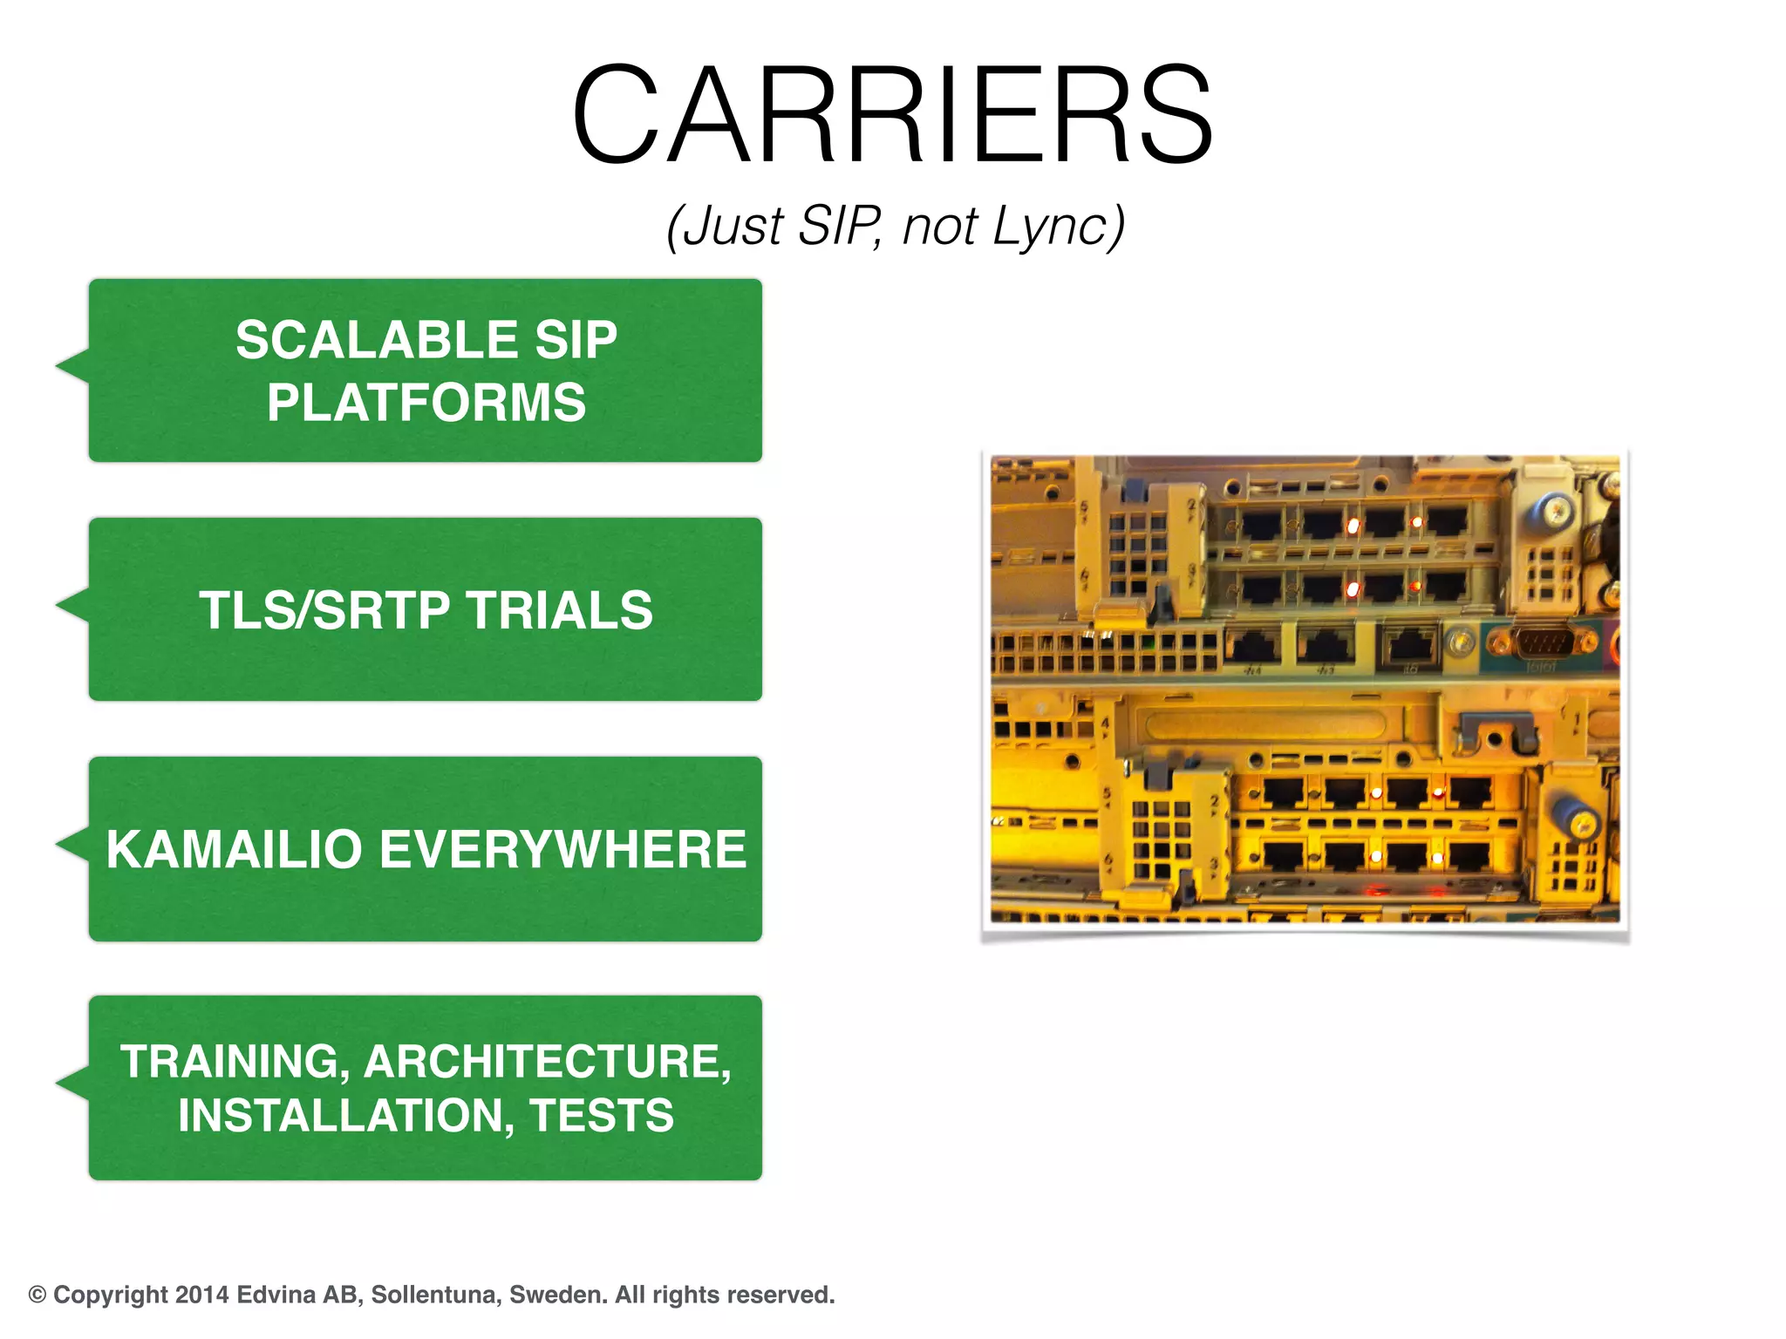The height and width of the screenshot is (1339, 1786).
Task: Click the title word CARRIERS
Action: (892, 114)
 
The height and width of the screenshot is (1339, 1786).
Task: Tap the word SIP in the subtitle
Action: (837, 226)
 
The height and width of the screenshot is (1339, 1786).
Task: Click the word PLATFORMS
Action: (426, 402)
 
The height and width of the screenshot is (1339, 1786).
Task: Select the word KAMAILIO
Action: (234, 849)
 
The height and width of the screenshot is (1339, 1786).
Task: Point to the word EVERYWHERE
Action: (562, 849)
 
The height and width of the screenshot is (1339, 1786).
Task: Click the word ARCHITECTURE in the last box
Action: (548, 1062)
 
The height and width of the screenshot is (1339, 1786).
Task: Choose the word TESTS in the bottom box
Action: (601, 1115)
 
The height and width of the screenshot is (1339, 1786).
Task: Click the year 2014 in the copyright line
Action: (201, 1295)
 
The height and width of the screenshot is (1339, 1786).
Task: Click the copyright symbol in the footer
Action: (37, 1295)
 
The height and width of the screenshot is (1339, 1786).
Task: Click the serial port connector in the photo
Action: (1544, 646)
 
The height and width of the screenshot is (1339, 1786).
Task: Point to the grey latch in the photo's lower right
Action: (1494, 732)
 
